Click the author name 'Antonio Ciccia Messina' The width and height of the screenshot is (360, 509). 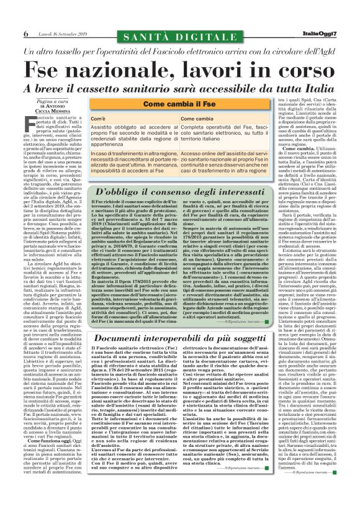(55, 108)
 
